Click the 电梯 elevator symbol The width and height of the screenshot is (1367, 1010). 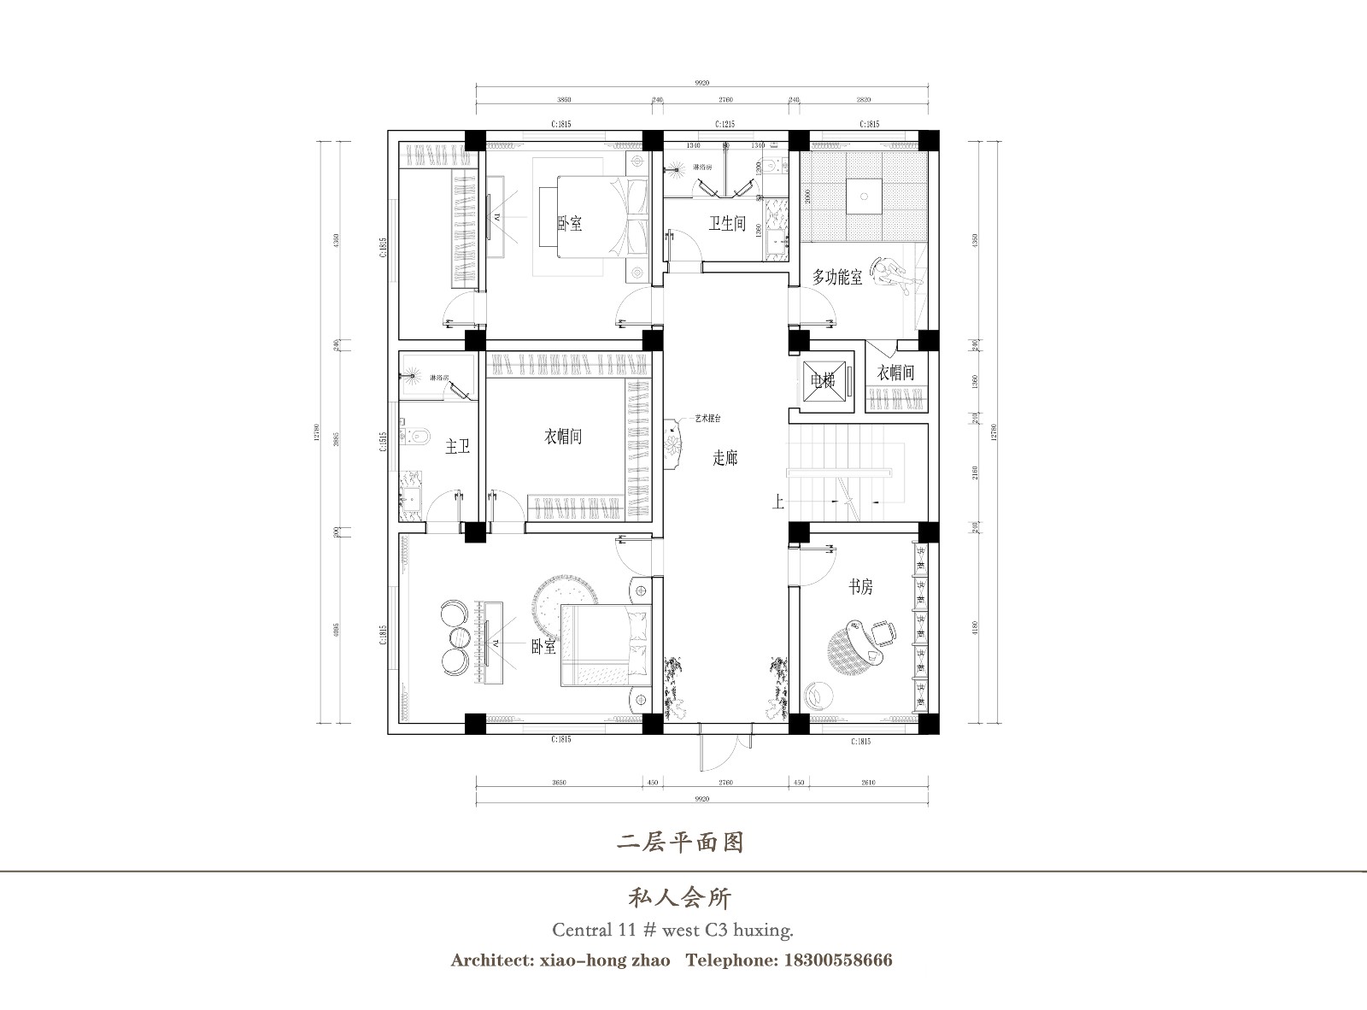click(823, 380)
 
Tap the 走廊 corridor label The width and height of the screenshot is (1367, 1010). click(725, 458)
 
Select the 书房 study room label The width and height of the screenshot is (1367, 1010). click(860, 587)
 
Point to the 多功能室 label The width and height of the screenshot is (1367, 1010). click(837, 277)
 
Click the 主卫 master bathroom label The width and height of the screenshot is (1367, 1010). click(458, 446)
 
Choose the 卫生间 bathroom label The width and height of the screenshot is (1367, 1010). click(727, 224)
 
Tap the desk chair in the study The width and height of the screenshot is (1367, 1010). click(883, 633)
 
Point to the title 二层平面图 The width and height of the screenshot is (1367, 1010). click(681, 843)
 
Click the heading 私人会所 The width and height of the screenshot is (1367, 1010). click(681, 897)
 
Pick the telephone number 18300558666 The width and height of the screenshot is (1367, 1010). click(836, 960)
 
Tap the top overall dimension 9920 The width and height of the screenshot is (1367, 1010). click(702, 83)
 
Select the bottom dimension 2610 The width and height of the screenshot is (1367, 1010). click(865, 782)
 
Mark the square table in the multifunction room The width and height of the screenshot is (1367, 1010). click(864, 197)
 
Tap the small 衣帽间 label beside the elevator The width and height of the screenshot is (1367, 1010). click(895, 373)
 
